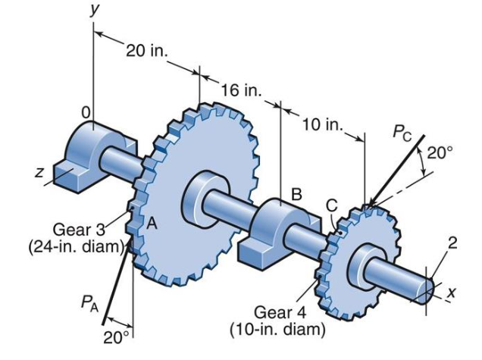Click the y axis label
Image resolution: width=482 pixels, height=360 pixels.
pyautogui.click(x=95, y=11)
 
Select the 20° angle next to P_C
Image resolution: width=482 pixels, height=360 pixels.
pyautogui.click(x=439, y=152)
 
